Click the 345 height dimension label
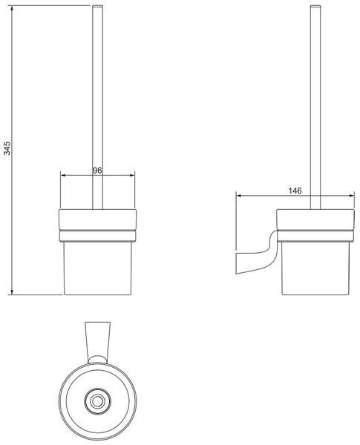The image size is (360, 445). pyautogui.click(x=7, y=148)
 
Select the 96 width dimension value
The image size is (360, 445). pyautogui.click(x=97, y=171)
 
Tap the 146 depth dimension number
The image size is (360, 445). pyautogui.click(x=295, y=191)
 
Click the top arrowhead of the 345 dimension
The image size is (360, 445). pyautogui.click(x=12, y=8)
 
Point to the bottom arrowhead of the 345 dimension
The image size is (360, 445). pyautogui.click(x=12, y=292)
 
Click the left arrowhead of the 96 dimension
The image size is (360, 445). pyautogui.click(x=63, y=175)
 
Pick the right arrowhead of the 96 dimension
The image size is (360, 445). pyautogui.click(x=132, y=175)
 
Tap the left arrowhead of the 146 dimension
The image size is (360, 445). pyautogui.click(x=239, y=196)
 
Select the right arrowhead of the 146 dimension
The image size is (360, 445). pyautogui.click(x=352, y=196)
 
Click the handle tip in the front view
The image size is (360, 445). pyautogui.click(x=97, y=6)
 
